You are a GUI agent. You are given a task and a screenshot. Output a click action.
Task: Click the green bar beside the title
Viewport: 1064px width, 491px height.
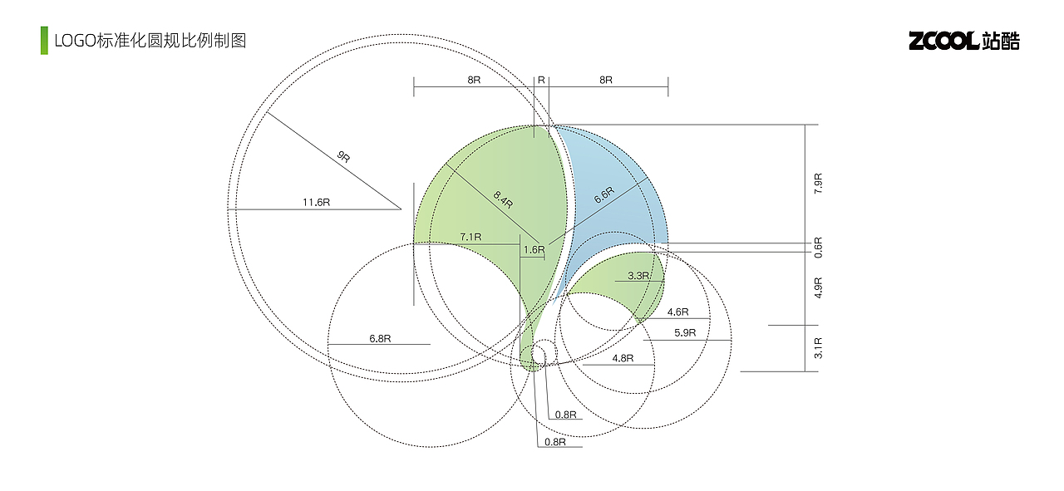pyautogui.click(x=44, y=41)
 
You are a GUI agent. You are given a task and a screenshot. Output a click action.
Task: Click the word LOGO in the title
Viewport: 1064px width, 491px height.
pyautogui.click(x=76, y=41)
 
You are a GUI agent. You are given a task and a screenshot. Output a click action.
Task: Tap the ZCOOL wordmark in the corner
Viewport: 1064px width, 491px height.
pyautogui.click(x=943, y=41)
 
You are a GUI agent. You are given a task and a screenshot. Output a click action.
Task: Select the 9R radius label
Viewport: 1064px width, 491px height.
pyautogui.click(x=343, y=156)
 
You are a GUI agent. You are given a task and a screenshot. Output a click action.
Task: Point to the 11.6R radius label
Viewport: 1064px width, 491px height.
pyautogui.click(x=317, y=202)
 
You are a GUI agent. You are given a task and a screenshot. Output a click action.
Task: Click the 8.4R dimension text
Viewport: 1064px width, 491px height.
pyautogui.click(x=503, y=199)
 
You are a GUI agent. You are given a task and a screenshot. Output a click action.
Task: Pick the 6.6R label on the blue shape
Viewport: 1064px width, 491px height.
pyautogui.click(x=604, y=194)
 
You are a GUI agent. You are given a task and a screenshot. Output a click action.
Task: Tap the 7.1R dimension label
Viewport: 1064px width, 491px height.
pyautogui.click(x=470, y=237)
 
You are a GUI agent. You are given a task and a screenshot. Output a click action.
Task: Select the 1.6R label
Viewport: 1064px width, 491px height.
pyautogui.click(x=534, y=250)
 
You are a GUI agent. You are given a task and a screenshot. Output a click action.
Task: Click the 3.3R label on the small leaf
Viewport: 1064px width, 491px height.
pyautogui.click(x=638, y=276)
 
